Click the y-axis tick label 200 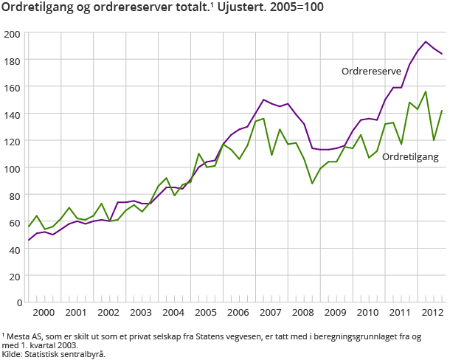coord(12,34)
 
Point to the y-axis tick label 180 coord(12,60)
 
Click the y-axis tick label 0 coord(17,302)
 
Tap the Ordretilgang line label coord(411,157)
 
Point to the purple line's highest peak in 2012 coord(426,42)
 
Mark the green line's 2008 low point coord(312,183)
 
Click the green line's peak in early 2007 coord(263,118)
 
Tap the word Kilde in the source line coord(12,354)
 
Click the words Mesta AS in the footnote coord(21,336)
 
